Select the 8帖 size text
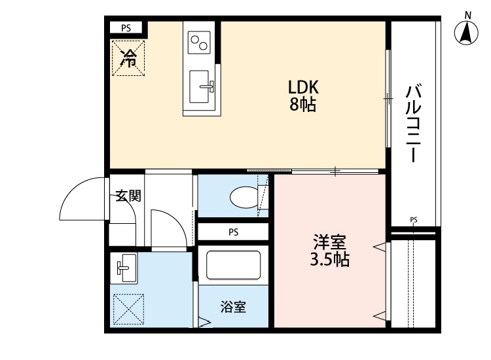coord(303,104)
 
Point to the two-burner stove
coord(199,43)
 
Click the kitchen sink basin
coord(200,86)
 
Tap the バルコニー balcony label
coord(412,123)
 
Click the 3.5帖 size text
coord(329,260)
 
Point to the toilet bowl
coord(245,196)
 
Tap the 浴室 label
coord(233,306)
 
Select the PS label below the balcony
coord(413,219)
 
